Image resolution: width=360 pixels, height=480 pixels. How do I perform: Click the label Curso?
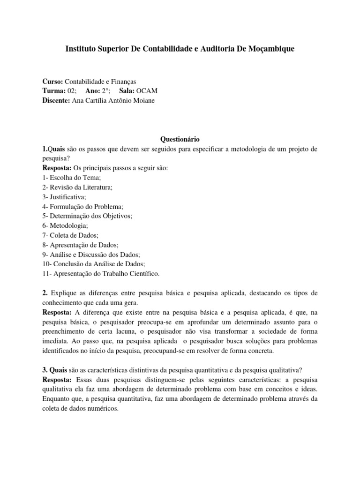pyautogui.click(x=52, y=82)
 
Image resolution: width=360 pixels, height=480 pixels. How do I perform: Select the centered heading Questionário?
pyautogui.click(x=180, y=139)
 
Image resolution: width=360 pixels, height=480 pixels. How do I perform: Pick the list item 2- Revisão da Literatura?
pyautogui.click(x=77, y=187)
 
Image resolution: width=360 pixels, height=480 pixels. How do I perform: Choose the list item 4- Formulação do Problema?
pyautogui.click(x=82, y=206)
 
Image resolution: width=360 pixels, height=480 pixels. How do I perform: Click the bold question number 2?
pyautogui.click(x=45, y=293)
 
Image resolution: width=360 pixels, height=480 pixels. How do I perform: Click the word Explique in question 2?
pyautogui.click(x=63, y=293)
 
